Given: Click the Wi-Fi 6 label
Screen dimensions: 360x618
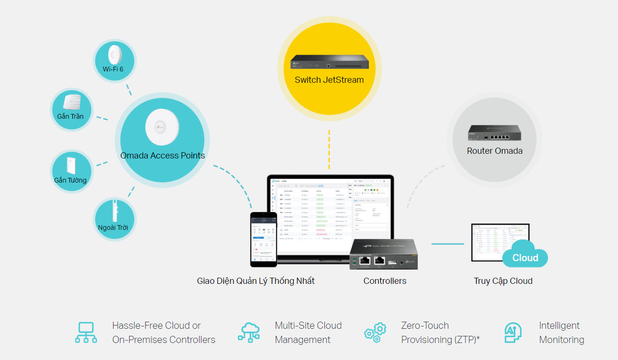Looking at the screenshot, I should pos(113,69).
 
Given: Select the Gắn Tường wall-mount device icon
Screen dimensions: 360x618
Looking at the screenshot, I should pos(71,165).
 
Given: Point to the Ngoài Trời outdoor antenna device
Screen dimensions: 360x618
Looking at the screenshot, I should pos(114,211).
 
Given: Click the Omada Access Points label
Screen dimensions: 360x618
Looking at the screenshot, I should pos(163,156).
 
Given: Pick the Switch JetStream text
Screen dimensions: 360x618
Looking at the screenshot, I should pos(329,80).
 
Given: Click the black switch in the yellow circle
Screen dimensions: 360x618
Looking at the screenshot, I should pos(329,62).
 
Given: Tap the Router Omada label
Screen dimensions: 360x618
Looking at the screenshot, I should pos(495,151).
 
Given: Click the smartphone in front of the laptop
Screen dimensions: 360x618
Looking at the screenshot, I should pos(263,239).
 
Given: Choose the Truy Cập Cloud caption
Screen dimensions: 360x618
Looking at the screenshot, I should pos(503,281).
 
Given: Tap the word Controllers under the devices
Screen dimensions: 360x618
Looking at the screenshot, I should pos(385,281).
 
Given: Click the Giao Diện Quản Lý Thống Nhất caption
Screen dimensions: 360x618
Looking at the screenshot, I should pos(256,281).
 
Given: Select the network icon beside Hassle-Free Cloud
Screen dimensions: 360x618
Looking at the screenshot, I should pos(86,333).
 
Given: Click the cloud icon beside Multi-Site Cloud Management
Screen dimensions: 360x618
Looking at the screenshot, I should pos(249,333).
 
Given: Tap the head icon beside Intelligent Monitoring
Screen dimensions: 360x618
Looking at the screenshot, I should pos(512,333).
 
